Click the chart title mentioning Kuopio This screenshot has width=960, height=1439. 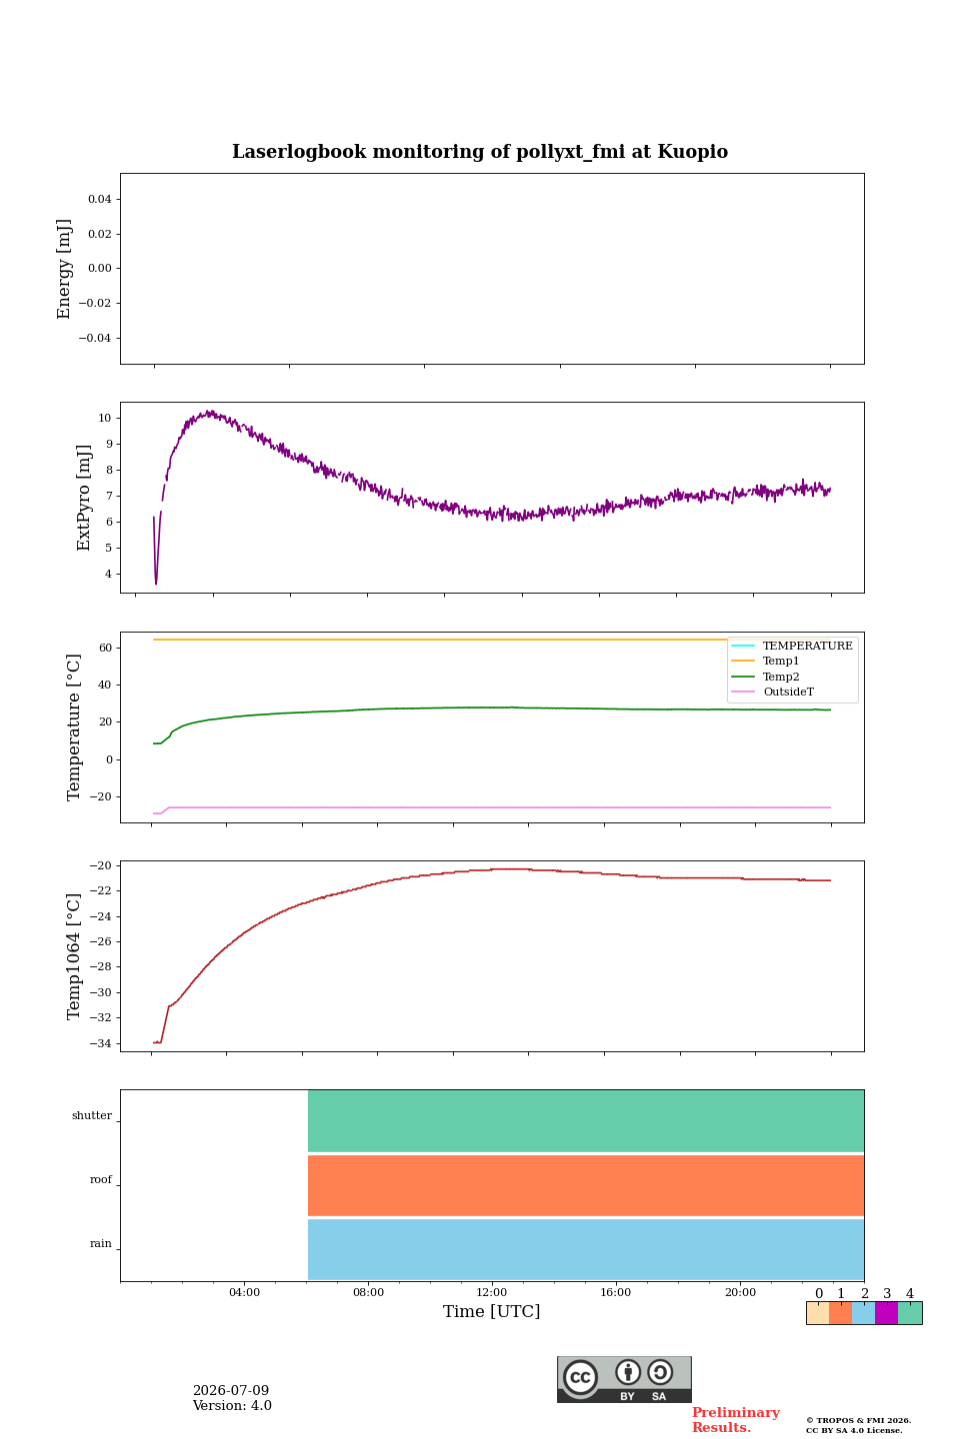[480, 152]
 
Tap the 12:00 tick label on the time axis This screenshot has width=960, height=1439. [491, 1292]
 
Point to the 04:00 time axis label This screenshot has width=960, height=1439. [244, 1292]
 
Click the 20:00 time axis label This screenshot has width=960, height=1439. [741, 1292]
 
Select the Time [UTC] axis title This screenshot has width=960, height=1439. [491, 1311]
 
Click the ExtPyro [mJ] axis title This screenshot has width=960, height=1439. [84, 498]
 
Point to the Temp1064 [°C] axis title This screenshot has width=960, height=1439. [73, 956]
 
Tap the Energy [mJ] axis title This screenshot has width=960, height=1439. [64, 269]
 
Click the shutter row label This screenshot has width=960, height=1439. [92, 1115]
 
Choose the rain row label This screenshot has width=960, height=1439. [100, 1243]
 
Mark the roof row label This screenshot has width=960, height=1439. [101, 1179]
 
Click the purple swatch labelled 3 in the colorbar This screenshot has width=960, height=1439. [886, 1313]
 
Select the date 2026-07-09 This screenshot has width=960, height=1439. [231, 1390]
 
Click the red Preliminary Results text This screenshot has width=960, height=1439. [736, 1420]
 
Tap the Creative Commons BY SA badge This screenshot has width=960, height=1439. [624, 1379]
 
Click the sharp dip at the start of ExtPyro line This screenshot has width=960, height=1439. [156, 583]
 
